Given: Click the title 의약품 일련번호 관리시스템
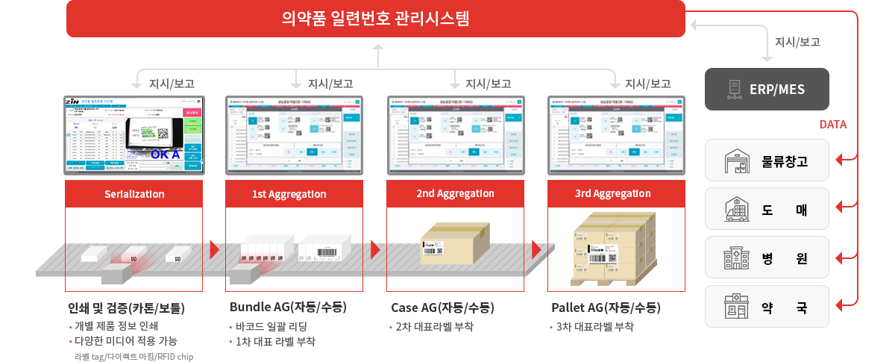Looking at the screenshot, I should [x=375, y=19].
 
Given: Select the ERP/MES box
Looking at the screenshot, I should [x=767, y=90].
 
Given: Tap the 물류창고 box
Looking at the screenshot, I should [x=767, y=160].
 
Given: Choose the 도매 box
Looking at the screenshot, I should [x=767, y=209].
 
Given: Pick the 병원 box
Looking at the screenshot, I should [x=767, y=258].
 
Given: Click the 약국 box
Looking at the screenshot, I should [x=767, y=307].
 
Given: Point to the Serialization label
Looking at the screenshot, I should [x=134, y=194].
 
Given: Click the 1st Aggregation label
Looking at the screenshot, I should [x=294, y=194].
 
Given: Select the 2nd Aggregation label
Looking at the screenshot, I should [x=455, y=193].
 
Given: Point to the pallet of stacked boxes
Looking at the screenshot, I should [x=614, y=249].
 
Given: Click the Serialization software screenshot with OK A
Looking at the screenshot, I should [x=134, y=134].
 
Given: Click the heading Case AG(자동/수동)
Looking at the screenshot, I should [x=442, y=308].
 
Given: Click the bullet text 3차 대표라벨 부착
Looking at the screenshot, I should [x=594, y=326].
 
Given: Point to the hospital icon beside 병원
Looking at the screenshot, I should [x=736, y=258].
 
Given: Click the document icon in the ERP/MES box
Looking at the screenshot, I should [x=735, y=90].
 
